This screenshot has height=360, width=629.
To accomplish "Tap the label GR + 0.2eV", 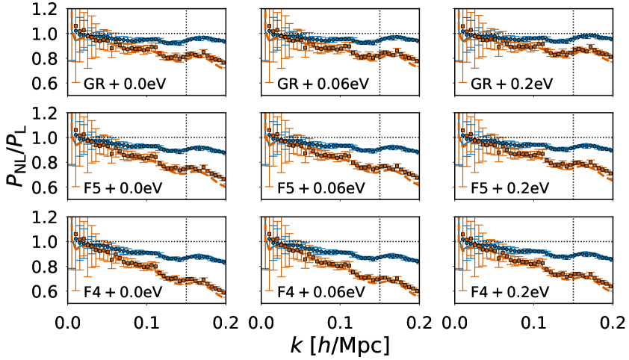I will tap(512, 83).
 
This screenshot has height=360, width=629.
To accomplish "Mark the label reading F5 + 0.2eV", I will tap(512, 187).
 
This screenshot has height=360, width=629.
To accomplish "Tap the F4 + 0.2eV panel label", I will tap(512, 291).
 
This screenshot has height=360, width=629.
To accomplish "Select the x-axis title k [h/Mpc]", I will tap(341, 344).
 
